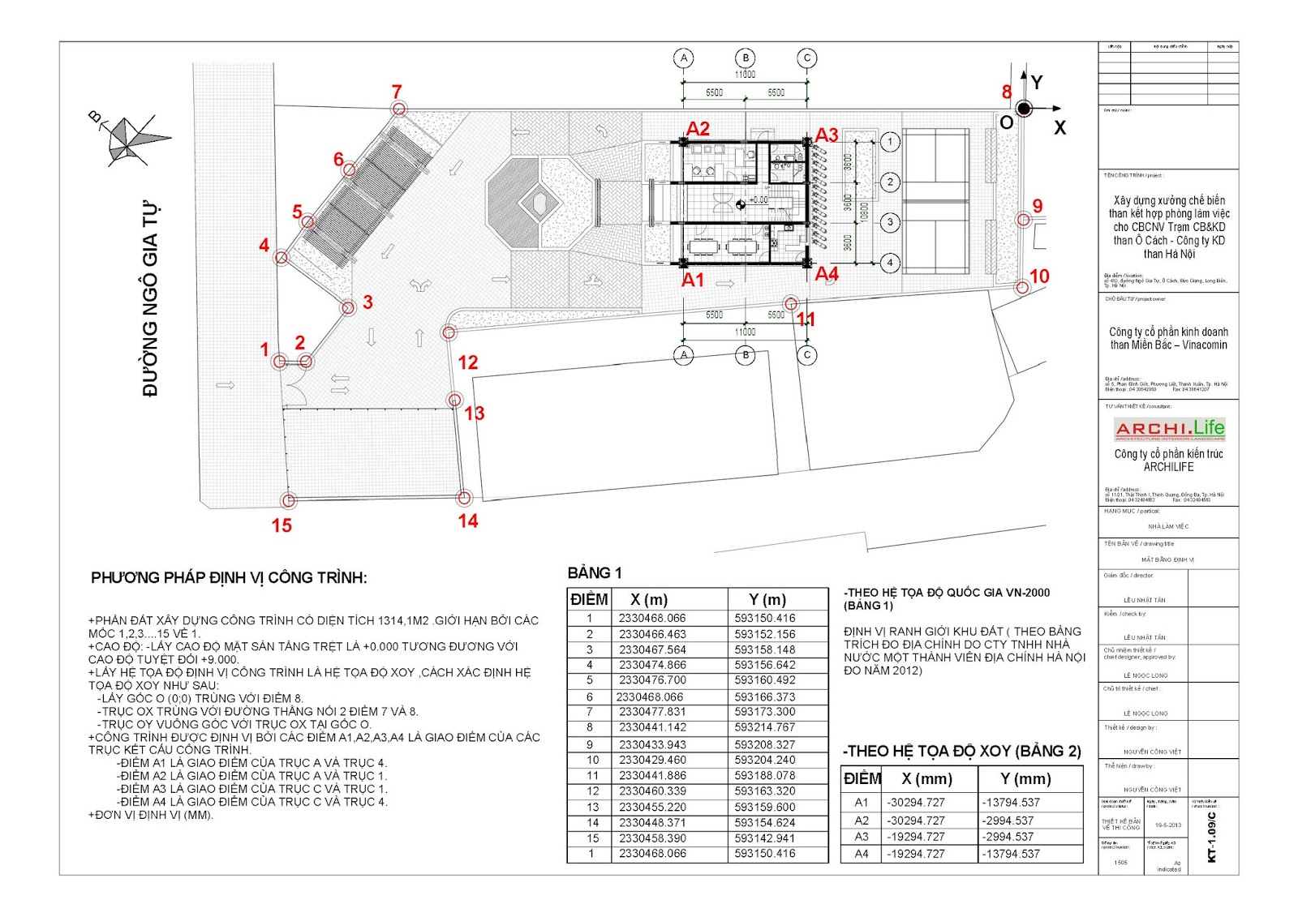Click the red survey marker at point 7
pyautogui.click(x=398, y=109)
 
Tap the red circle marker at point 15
pyautogui.click(x=288, y=500)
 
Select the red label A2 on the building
pyautogui.click(x=698, y=129)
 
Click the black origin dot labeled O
pyautogui.click(x=1024, y=109)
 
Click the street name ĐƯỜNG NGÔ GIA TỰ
pyautogui.click(x=150, y=299)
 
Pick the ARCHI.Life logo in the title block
pyautogui.click(x=1169, y=428)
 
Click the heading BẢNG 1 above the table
pyautogui.click(x=595, y=573)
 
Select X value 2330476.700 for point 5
pyautogui.click(x=652, y=680)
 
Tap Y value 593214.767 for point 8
pyautogui.click(x=765, y=727)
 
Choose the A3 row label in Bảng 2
pyautogui.click(x=862, y=836)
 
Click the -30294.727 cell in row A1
pyautogui.click(x=916, y=802)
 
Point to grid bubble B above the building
pyautogui.click(x=746, y=58)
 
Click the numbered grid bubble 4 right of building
pyautogui.click(x=890, y=263)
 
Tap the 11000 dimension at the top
pyautogui.click(x=745, y=75)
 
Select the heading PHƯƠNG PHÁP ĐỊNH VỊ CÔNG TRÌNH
pyautogui.click(x=229, y=578)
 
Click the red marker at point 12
pyautogui.click(x=449, y=332)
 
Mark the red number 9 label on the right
pyautogui.click(x=1037, y=206)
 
